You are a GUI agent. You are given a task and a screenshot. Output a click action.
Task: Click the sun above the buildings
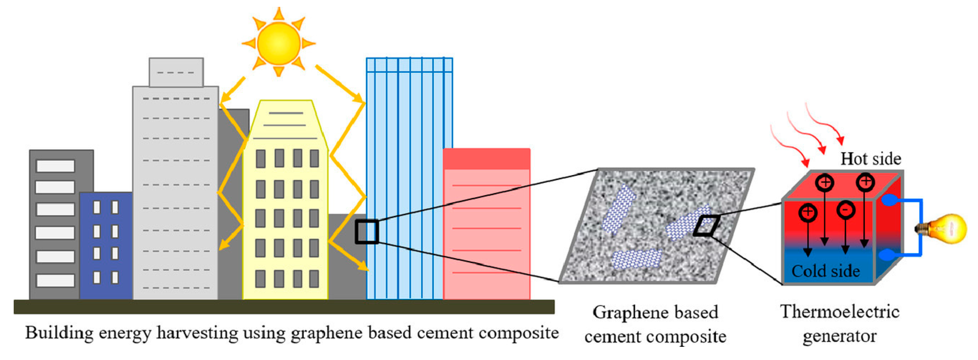(x=279, y=43)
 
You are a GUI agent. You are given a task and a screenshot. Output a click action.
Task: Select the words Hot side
(x=870, y=159)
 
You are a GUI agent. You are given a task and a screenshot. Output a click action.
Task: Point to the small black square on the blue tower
(x=367, y=232)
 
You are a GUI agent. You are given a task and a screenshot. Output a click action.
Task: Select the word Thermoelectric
(x=840, y=312)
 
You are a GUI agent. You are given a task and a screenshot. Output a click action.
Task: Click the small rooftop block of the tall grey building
(x=176, y=72)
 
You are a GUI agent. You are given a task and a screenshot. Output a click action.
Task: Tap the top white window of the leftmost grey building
(x=56, y=166)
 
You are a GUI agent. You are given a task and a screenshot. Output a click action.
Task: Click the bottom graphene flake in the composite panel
(x=637, y=259)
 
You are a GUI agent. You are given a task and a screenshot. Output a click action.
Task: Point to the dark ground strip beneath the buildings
(x=284, y=307)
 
